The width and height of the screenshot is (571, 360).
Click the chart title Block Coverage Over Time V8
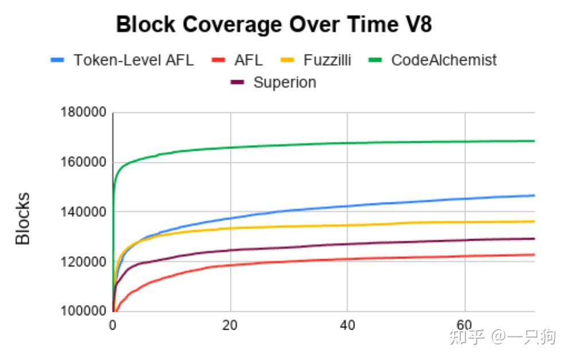274,25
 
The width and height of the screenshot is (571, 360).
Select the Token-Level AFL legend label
134,60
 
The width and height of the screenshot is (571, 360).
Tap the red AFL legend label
248,60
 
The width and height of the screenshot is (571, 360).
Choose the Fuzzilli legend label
327,60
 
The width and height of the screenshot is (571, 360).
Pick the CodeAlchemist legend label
443,60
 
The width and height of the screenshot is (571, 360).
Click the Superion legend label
284,83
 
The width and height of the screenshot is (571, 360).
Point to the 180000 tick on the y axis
83,112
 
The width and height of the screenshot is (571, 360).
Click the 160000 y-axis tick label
83,162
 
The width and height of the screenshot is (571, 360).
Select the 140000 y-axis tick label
83,212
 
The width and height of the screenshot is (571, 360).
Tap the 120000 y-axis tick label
83,262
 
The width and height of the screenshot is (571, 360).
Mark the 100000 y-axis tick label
83,311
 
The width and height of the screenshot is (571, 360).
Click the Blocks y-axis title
23,218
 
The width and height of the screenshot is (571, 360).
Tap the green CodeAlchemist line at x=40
347,143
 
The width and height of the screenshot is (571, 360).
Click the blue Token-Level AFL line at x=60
465,199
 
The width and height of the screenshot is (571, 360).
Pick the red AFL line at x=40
347,259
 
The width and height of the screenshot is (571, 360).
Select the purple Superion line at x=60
465,240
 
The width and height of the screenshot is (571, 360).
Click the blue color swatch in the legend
58,60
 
